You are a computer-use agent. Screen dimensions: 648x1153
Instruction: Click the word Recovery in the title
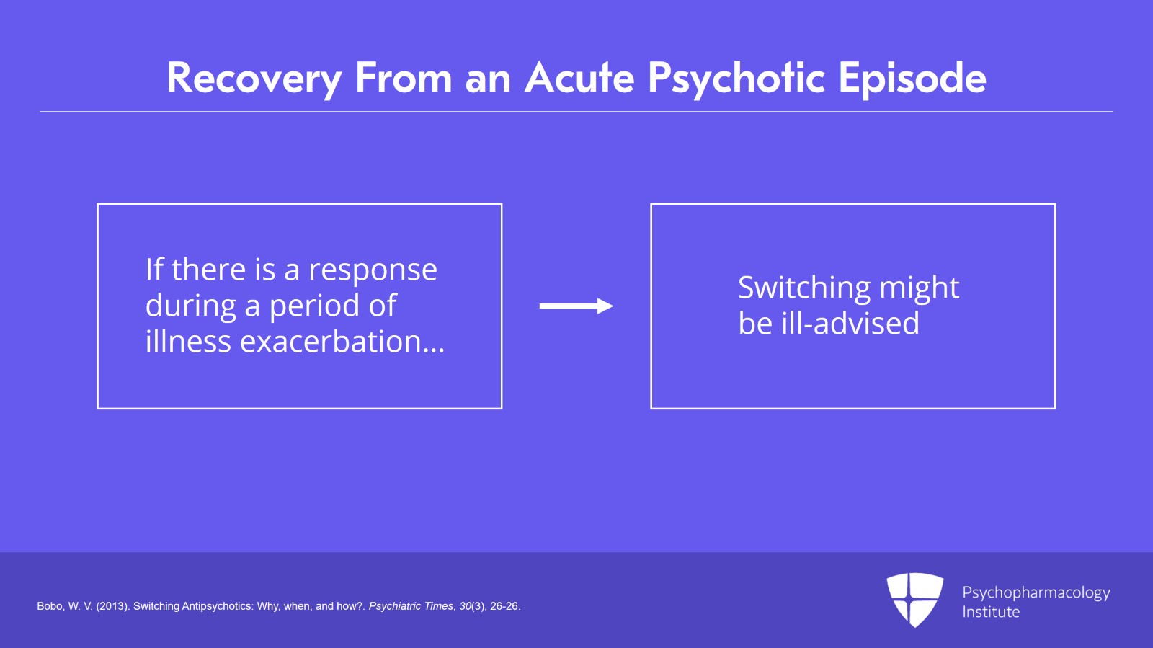(x=254, y=78)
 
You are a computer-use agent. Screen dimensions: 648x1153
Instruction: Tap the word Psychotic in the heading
(x=736, y=78)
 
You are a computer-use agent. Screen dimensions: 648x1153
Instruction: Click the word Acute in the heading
(x=579, y=78)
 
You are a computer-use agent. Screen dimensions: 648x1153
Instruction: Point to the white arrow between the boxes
(x=576, y=306)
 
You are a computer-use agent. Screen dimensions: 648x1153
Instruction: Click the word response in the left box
(x=373, y=270)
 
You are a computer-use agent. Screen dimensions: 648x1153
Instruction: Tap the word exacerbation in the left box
(x=342, y=342)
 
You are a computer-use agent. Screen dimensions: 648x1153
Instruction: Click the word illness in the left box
(x=188, y=342)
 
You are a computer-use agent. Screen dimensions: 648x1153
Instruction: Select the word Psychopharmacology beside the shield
(x=1036, y=592)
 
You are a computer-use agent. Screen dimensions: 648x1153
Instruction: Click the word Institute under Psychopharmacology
(x=991, y=612)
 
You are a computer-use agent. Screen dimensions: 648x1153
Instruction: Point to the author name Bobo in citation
(x=50, y=606)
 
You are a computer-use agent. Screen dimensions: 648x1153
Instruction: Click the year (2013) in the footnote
(x=113, y=606)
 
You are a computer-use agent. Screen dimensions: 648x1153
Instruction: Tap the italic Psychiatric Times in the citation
(x=411, y=606)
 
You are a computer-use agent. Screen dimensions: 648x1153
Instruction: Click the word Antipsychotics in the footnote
(x=217, y=606)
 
